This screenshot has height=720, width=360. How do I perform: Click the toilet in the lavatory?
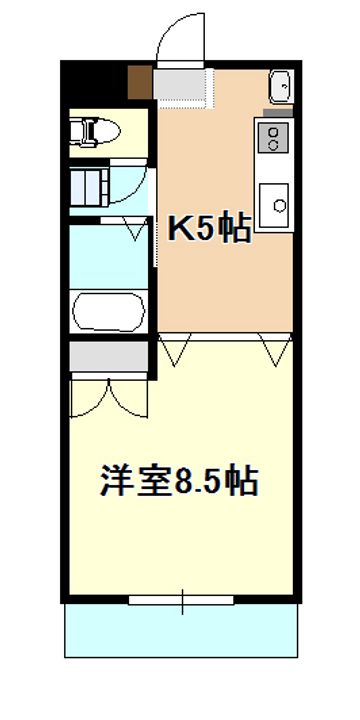pos(94,132)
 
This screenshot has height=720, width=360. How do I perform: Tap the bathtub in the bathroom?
pos(108,312)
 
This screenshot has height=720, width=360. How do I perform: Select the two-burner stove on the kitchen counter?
pos(273,137)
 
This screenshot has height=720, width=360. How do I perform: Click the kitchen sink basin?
pos(274,206)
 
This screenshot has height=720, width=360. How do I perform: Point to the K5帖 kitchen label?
pos(209,228)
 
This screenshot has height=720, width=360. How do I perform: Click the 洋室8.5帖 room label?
pos(179,480)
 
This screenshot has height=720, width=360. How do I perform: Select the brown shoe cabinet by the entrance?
pos(140,82)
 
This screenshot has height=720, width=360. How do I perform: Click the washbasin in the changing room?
pos(89,186)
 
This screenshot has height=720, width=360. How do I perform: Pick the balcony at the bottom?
pos(181,630)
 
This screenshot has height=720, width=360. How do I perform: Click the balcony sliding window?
pos(181,600)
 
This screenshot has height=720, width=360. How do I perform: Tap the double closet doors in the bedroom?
pos(109,398)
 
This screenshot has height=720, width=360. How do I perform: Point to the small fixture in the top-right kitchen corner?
pos(281,86)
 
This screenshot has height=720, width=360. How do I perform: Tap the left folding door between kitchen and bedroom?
pos(174,350)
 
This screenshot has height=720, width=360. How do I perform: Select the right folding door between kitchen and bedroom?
pos(276,350)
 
